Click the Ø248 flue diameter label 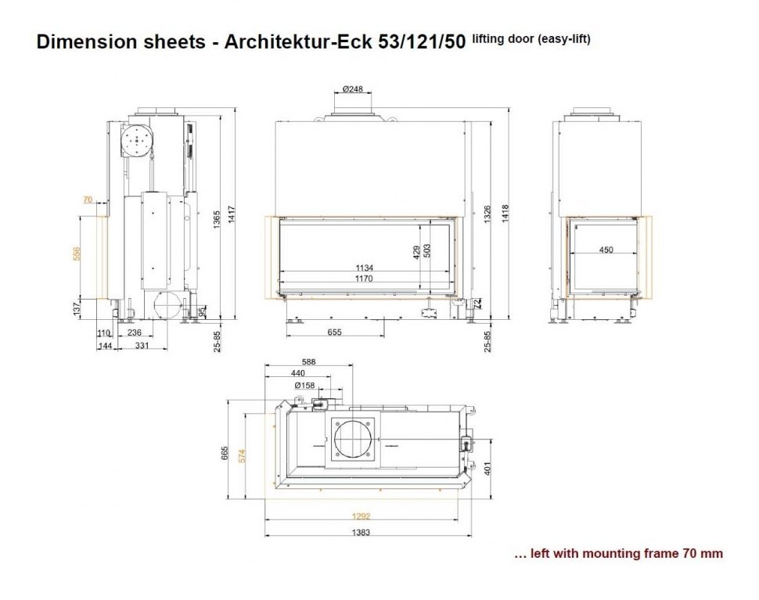(x=352, y=89)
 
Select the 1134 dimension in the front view (x=364, y=268)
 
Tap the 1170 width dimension (x=364, y=278)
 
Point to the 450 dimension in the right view (x=606, y=250)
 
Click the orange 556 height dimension (x=77, y=254)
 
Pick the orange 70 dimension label (x=88, y=199)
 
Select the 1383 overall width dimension (x=361, y=532)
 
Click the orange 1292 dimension (x=361, y=516)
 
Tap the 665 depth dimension (x=225, y=453)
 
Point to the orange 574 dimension (x=242, y=456)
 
